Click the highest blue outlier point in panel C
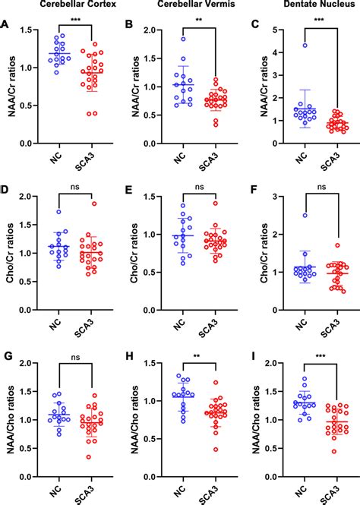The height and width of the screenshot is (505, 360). (x=305, y=46)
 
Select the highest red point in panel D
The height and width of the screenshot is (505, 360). (x=94, y=204)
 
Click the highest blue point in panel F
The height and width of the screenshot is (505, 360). (x=305, y=216)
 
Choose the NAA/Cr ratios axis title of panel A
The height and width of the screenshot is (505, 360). (x=10, y=87)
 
